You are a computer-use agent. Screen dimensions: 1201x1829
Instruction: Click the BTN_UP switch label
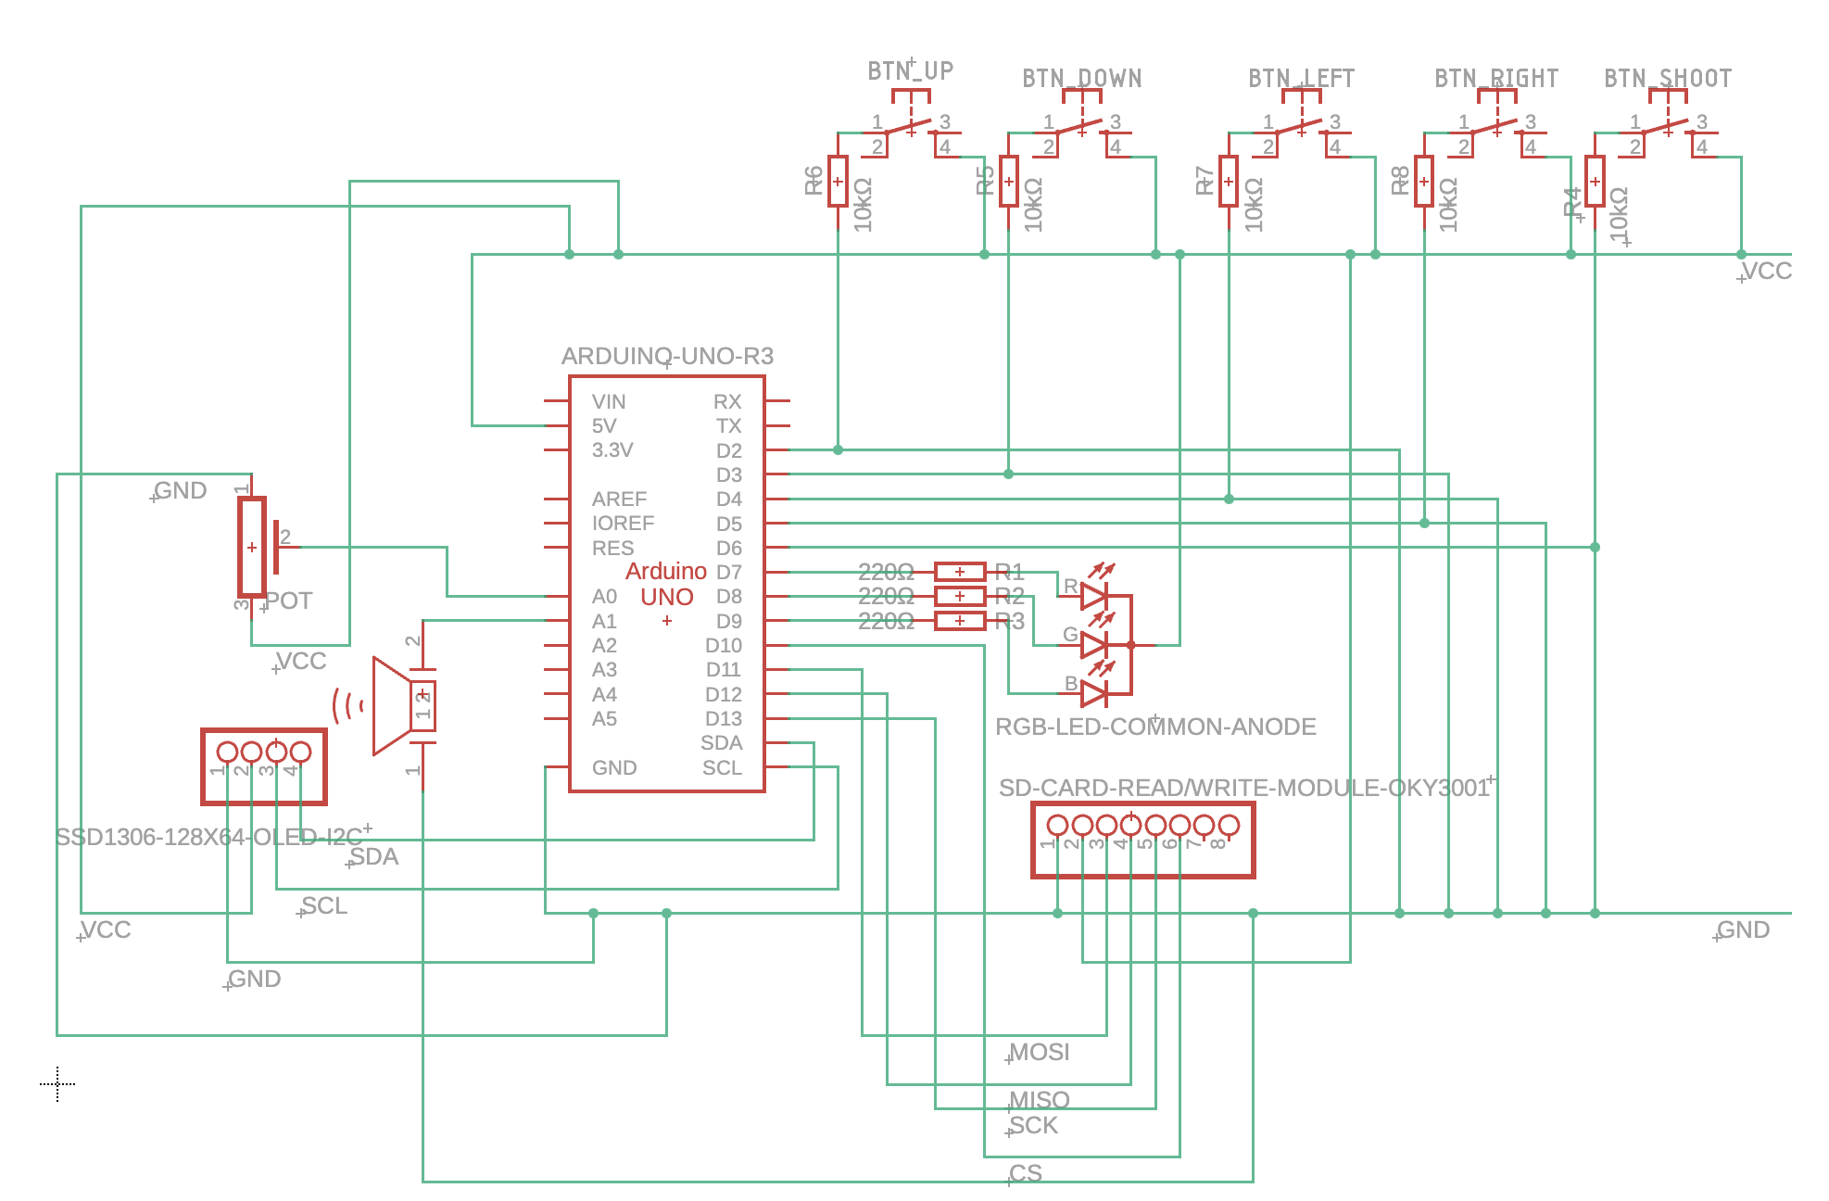click(x=910, y=71)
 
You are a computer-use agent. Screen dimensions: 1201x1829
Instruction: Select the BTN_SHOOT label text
click(x=1668, y=79)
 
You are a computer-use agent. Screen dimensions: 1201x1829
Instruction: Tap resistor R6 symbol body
click(x=838, y=182)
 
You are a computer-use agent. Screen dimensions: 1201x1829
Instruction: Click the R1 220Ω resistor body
click(x=959, y=572)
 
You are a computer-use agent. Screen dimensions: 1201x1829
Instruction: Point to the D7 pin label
click(x=728, y=573)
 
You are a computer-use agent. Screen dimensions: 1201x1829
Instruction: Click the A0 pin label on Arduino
click(x=604, y=597)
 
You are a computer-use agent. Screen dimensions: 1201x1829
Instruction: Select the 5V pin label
click(x=604, y=426)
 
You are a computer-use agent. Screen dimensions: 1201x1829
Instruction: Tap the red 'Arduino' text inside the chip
click(x=666, y=571)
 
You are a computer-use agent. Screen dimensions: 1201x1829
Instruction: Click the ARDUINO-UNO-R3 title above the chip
click(x=667, y=357)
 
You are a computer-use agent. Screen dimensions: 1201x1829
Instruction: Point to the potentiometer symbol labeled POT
click(x=252, y=547)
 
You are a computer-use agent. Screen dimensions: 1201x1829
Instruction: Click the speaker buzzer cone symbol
click(x=390, y=706)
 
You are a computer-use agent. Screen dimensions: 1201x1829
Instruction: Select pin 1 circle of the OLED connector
click(x=227, y=752)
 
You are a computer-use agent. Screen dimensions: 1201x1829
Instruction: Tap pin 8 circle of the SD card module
click(x=1229, y=825)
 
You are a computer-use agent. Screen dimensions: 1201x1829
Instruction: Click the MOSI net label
click(x=1039, y=1053)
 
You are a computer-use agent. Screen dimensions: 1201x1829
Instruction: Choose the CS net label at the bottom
click(x=1026, y=1174)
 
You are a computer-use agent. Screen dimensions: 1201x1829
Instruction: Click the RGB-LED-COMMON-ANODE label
click(x=1155, y=727)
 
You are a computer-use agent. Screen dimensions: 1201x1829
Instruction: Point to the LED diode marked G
click(x=1094, y=644)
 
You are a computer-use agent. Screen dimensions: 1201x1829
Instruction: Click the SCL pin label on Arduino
click(x=722, y=768)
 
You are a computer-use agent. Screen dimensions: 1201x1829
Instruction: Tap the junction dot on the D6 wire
click(x=1595, y=548)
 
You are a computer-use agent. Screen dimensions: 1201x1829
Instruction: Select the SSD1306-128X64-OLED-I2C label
click(x=209, y=838)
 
